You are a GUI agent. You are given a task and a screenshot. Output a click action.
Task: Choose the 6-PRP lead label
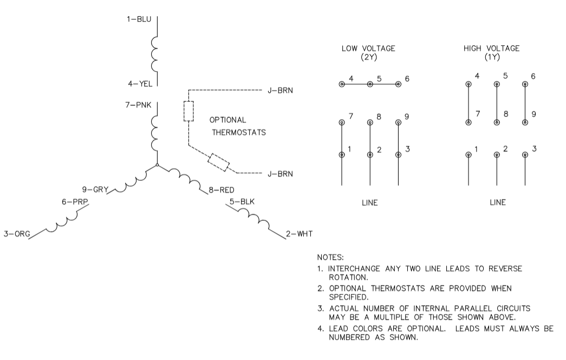click(74, 201)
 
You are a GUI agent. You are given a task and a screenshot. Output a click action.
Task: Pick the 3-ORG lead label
click(15, 234)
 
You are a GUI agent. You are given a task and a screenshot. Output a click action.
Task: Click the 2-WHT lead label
click(300, 234)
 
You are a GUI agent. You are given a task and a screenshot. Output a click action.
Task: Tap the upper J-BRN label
click(280, 90)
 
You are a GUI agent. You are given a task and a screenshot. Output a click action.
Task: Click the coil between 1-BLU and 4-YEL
click(156, 54)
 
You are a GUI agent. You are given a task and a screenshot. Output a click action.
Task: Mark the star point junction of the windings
click(157, 165)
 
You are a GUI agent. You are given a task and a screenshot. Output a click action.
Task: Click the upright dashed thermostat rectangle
click(188, 111)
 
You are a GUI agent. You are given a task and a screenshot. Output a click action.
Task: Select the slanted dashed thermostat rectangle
click(219, 162)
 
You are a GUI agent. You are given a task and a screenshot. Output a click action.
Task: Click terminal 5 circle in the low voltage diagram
click(370, 84)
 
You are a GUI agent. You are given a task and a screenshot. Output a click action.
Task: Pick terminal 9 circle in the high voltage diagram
click(524, 122)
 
